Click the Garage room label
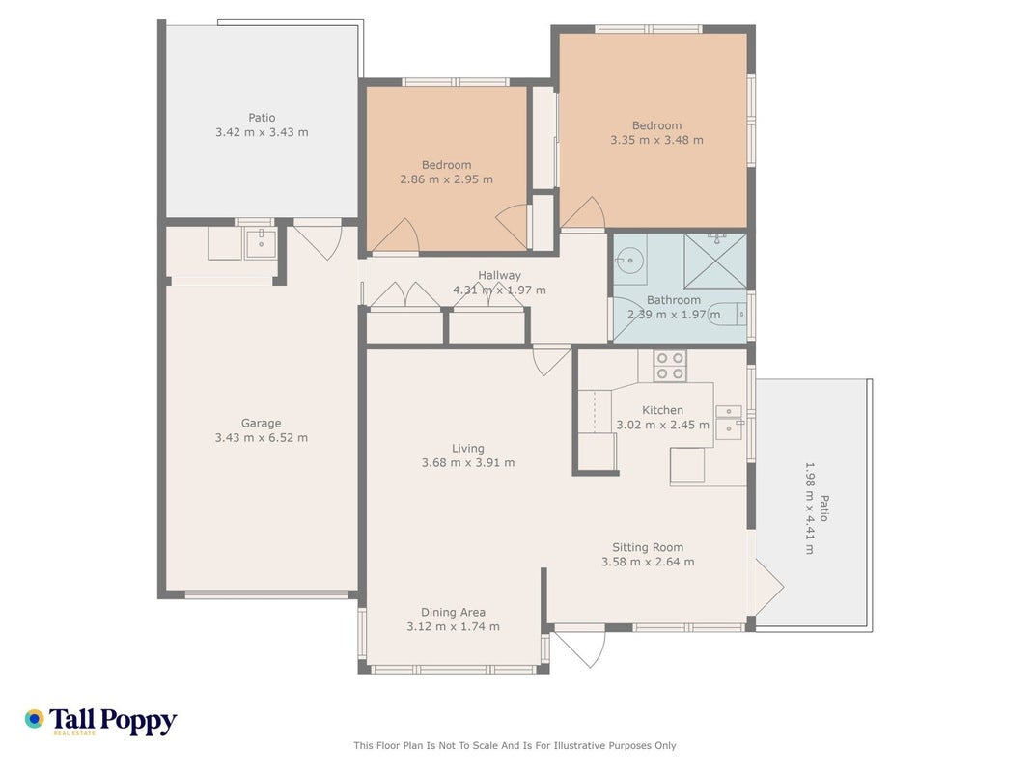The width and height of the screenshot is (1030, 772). pyautogui.click(x=261, y=424)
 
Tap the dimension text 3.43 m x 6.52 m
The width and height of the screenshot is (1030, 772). pyautogui.click(x=261, y=438)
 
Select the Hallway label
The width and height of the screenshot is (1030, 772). pyautogui.click(x=499, y=276)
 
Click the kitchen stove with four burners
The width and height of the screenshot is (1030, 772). pyautogui.click(x=670, y=366)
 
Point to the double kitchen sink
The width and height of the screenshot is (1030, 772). pyautogui.click(x=729, y=422)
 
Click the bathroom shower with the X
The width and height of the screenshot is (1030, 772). pyautogui.click(x=714, y=261)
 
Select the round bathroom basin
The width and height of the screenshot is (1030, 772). pyautogui.click(x=629, y=261)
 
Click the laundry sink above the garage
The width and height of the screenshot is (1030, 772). pyautogui.click(x=261, y=243)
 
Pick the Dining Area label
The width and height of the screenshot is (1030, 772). pyautogui.click(x=454, y=613)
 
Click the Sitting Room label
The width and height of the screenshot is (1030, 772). pyautogui.click(x=648, y=547)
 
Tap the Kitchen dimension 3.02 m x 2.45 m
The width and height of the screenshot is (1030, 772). pyautogui.click(x=663, y=425)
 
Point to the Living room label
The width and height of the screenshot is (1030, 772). pyautogui.click(x=468, y=449)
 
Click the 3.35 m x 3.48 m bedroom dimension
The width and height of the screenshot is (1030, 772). pyautogui.click(x=656, y=140)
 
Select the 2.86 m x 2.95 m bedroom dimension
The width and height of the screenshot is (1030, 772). pyautogui.click(x=447, y=179)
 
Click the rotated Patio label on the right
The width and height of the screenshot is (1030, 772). pyautogui.click(x=823, y=509)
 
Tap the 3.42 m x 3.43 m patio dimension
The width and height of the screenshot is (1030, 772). pyautogui.click(x=262, y=132)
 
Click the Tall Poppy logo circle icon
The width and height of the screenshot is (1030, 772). pyautogui.click(x=34, y=719)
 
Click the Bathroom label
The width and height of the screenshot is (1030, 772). pyautogui.click(x=673, y=300)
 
